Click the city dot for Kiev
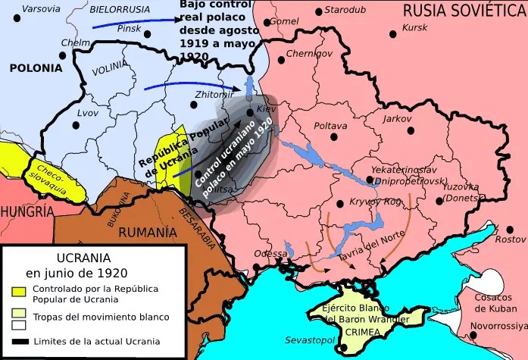tap(249, 114)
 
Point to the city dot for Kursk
tap(392, 34)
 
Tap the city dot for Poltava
tap(332, 136)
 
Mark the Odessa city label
tap(270, 253)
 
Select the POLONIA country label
tap(36, 67)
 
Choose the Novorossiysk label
tap(497, 326)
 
